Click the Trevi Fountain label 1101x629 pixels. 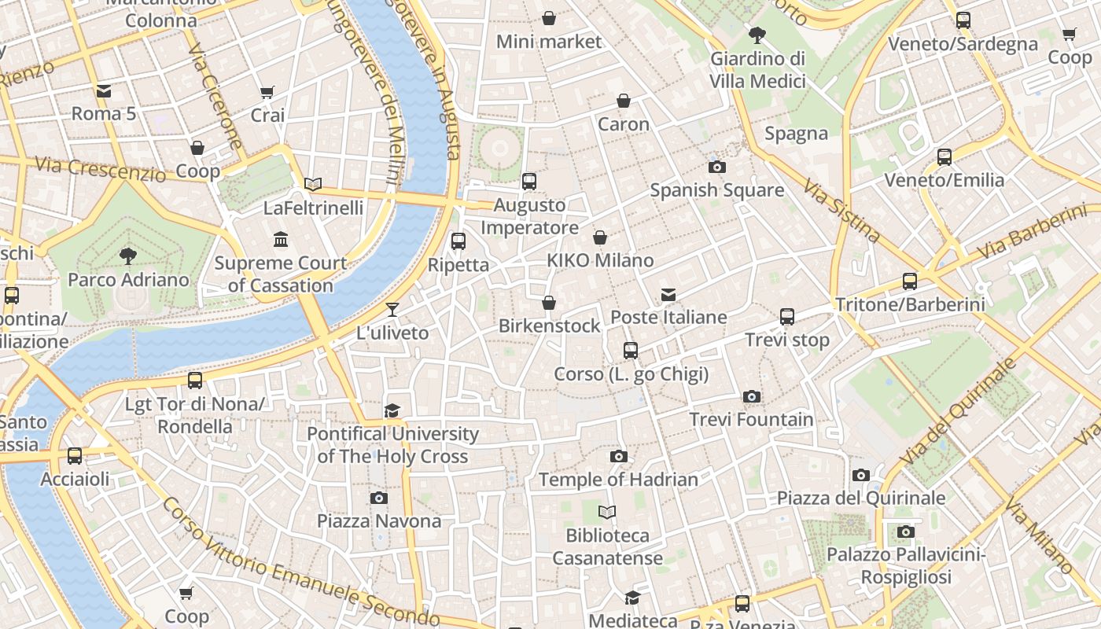(751, 419)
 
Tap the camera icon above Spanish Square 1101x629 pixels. (716, 167)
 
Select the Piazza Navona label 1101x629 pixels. (379, 520)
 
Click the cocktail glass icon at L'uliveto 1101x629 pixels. (392, 309)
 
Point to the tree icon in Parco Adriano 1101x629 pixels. (127, 256)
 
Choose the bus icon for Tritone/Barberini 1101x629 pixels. (910, 281)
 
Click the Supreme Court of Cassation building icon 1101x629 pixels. (281, 239)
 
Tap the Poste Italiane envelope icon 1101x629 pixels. (668, 295)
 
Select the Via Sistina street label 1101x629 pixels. (841, 210)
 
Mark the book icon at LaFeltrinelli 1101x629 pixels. (313, 185)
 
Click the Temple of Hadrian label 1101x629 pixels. (618, 479)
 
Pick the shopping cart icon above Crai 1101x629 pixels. (267, 93)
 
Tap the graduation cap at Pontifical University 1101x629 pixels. (392, 410)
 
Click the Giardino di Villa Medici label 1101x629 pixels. (757, 69)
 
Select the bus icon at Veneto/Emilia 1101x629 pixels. (945, 157)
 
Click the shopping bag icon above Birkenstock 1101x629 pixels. (549, 303)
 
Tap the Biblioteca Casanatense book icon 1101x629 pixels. (606, 513)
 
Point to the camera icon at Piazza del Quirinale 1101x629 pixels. (861, 475)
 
